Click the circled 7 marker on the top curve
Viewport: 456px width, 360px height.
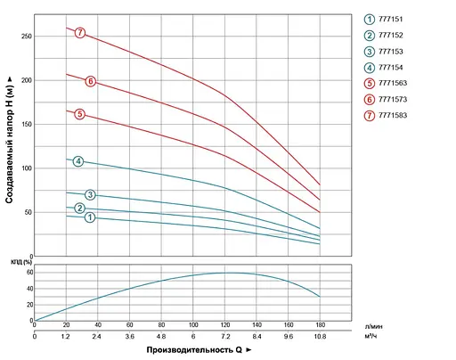point(80,33)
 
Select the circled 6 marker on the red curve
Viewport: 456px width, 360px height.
point(90,81)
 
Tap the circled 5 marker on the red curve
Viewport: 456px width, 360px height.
point(80,114)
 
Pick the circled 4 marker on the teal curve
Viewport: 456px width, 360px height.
point(79,161)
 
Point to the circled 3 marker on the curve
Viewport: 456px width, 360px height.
point(90,195)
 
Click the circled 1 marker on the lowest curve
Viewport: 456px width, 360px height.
point(90,218)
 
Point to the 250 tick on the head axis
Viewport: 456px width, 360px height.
point(26,37)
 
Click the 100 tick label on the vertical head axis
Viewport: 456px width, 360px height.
point(26,168)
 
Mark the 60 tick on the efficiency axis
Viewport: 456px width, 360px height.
point(29,274)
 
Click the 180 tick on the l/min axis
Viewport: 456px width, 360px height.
point(320,325)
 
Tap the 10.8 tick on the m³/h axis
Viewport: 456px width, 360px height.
point(320,337)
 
